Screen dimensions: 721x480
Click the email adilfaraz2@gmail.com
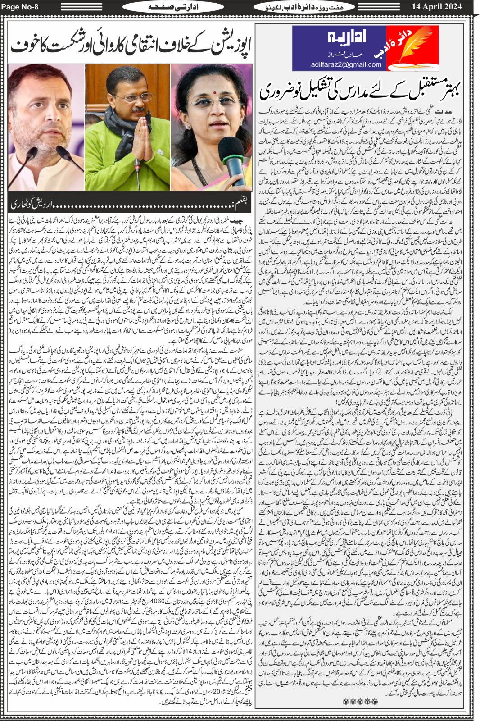pyautogui.click(x=346, y=64)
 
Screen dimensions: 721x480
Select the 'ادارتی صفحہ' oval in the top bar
pyautogui.click(x=167, y=7)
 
